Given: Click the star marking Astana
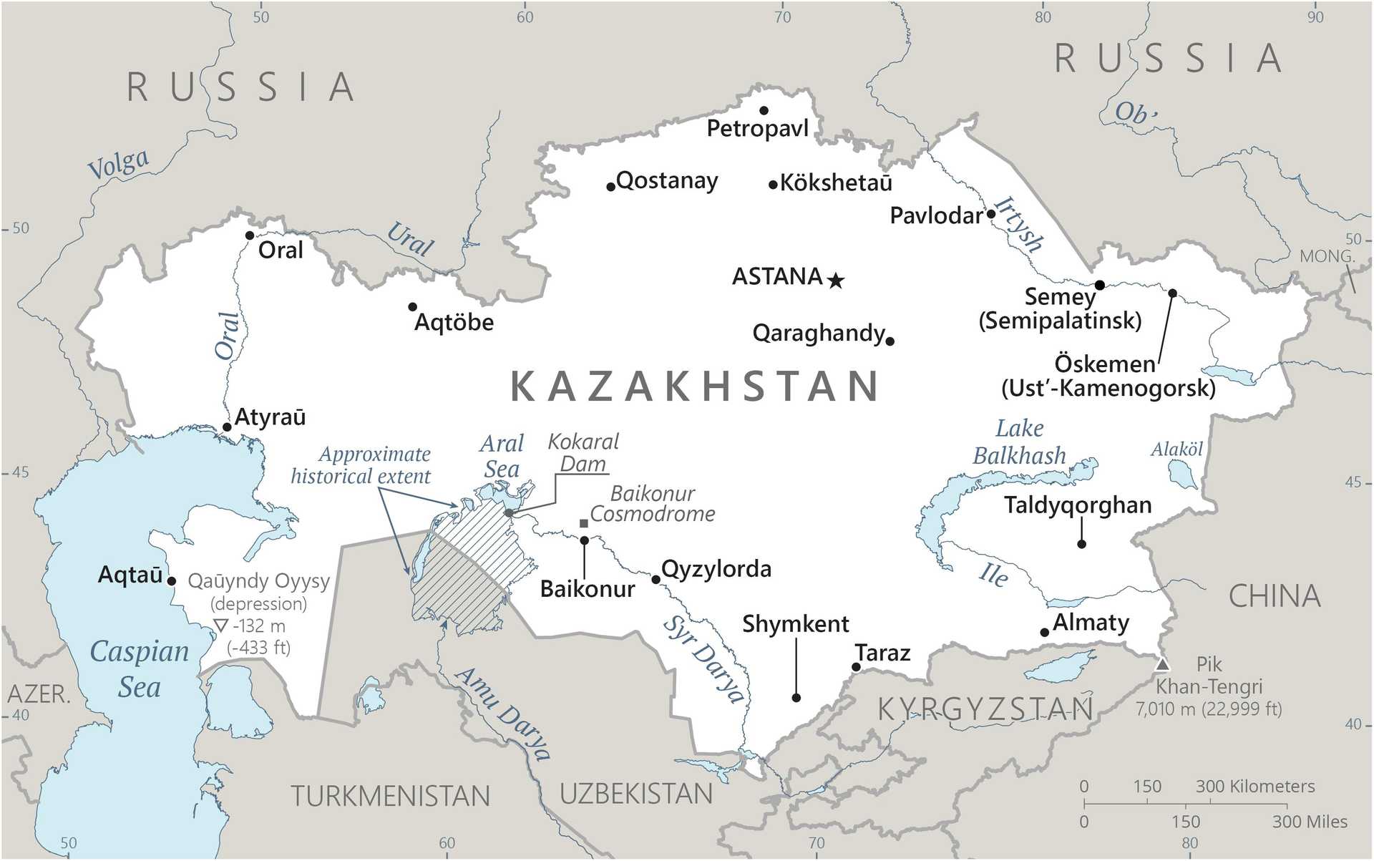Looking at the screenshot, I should (x=836, y=281).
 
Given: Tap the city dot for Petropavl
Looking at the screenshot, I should (x=764, y=110).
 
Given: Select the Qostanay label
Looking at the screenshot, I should (x=666, y=180).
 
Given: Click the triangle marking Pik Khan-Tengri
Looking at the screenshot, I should (x=1163, y=664).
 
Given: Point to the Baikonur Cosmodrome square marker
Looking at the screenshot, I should (x=584, y=524).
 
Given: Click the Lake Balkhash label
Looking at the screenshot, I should (x=1019, y=442).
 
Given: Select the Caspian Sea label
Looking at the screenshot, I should (x=140, y=668).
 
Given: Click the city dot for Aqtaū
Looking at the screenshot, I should (x=172, y=581).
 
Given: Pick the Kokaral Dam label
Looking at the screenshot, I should (x=583, y=452).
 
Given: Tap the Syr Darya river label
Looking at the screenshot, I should (x=703, y=659).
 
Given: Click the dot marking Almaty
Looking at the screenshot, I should (x=1045, y=632).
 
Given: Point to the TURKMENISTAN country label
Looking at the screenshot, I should (x=391, y=796).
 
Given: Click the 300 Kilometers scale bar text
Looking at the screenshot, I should (x=1255, y=786).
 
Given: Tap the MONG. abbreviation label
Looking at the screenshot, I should (x=1327, y=256).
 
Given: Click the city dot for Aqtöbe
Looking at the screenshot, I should (x=412, y=307).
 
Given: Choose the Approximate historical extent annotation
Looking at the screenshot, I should (x=361, y=465).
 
